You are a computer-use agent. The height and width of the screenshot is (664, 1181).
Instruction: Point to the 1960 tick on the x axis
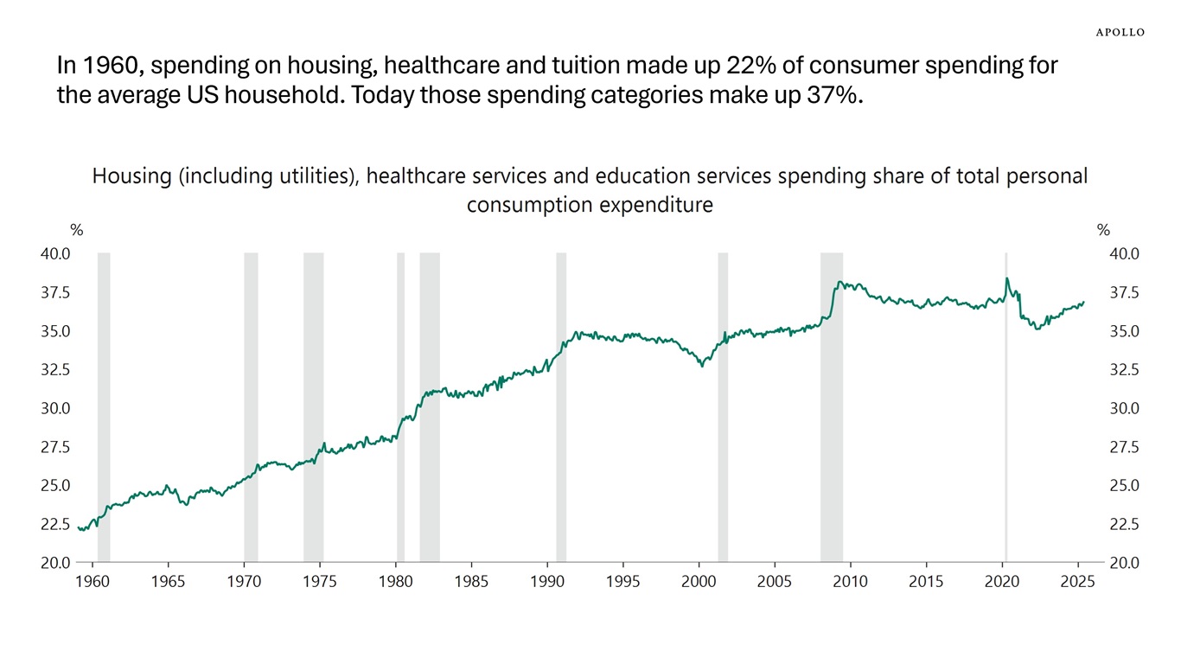[x=92, y=581]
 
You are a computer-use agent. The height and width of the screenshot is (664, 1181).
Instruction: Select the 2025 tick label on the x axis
[x=1077, y=581]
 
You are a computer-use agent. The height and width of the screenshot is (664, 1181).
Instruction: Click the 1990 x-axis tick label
[x=546, y=581]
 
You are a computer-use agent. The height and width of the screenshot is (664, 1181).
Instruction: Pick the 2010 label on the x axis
[x=850, y=581]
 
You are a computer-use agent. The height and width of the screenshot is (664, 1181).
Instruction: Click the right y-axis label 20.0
[x=1124, y=563]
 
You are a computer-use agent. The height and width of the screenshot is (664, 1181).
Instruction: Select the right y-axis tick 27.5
[x=1124, y=447]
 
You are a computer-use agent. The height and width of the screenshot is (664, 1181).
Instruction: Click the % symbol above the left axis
[x=77, y=230]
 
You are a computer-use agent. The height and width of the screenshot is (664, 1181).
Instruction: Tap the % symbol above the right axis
[x=1103, y=230]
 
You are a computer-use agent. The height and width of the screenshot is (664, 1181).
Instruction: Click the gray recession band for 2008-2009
[x=831, y=406]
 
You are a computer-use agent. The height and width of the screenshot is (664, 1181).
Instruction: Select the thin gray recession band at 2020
[x=1005, y=406]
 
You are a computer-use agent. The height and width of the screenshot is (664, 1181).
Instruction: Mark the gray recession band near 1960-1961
[x=104, y=406]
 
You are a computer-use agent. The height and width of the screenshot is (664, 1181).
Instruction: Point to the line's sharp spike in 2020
[x=1006, y=279]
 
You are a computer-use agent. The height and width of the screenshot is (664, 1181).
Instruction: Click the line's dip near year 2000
[x=702, y=365]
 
